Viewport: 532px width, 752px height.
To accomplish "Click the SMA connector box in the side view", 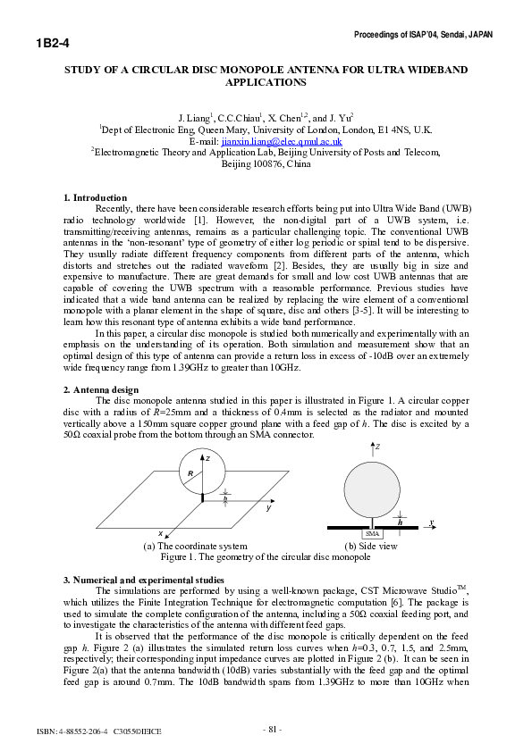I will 373,533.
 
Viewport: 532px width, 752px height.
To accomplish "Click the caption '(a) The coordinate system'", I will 195,545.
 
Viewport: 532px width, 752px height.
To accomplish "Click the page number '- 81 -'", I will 272,730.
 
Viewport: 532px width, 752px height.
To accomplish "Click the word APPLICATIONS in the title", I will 266,82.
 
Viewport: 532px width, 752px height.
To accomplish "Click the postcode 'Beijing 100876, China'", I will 266,164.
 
